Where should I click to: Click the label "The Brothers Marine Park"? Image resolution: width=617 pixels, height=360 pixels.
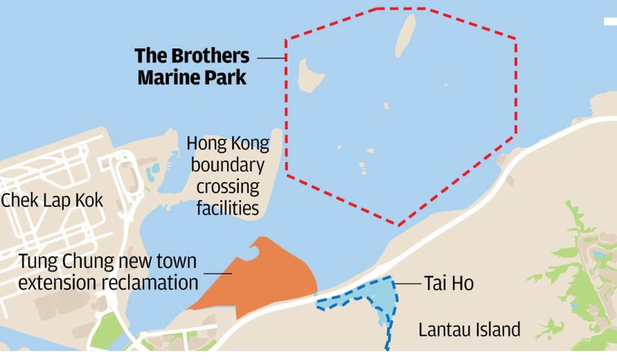(192, 67)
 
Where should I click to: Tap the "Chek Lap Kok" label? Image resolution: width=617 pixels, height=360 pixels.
(52, 200)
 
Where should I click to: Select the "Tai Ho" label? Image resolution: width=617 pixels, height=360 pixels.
(449, 283)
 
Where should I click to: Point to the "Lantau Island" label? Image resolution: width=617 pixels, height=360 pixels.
(469, 330)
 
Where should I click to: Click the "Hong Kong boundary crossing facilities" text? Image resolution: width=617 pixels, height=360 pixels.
(228, 175)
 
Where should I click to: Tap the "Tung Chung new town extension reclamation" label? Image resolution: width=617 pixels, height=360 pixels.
(108, 272)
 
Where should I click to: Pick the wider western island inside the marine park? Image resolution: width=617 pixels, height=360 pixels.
(311, 75)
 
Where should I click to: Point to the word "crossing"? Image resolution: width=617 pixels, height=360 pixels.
(228, 186)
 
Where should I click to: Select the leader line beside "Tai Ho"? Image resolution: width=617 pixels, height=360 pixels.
(408, 283)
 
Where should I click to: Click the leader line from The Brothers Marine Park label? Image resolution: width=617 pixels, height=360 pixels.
(271, 58)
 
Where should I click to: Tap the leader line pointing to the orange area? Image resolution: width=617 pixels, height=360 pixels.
(218, 273)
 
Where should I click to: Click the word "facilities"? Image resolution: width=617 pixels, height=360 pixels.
(228, 208)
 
